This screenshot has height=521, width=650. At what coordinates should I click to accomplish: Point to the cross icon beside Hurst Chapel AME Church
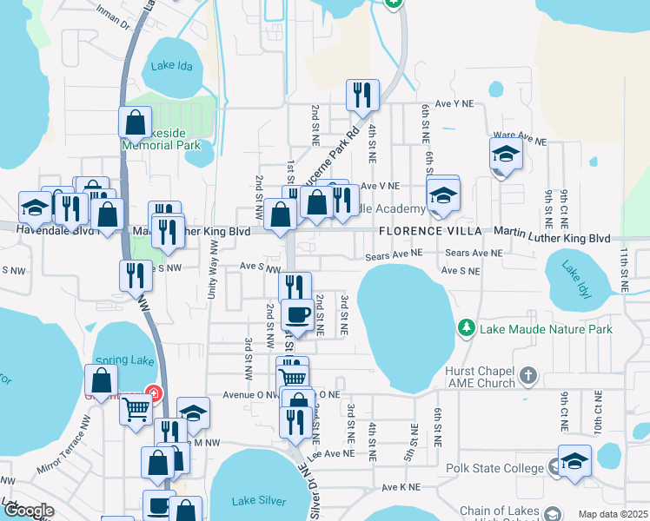click(x=528, y=376)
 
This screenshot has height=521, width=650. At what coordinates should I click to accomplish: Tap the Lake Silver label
click(x=260, y=500)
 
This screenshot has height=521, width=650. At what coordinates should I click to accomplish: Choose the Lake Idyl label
click(x=574, y=280)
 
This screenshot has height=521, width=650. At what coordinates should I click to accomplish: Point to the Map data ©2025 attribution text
click(x=613, y=514)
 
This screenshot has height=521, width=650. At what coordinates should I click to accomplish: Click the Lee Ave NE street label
click(x=332, y=453)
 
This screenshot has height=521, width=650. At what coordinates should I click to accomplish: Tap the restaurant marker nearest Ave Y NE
click(x=361, y=96)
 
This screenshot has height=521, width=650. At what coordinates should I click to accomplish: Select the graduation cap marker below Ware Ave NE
click(x=506, y=153)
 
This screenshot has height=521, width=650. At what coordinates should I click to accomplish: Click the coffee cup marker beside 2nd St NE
click(x=297, y=314)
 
